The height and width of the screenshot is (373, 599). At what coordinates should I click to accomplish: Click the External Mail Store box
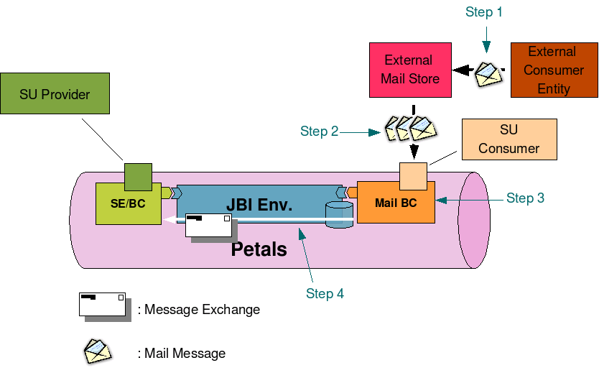410,70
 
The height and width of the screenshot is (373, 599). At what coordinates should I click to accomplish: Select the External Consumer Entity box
554,70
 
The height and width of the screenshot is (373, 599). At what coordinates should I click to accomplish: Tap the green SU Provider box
55,93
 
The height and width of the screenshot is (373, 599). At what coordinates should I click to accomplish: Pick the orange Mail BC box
396,203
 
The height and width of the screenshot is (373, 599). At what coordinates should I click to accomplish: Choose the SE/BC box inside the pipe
128,203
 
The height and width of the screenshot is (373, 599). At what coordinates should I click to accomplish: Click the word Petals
259,249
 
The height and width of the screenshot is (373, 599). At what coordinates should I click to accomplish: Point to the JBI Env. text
259,205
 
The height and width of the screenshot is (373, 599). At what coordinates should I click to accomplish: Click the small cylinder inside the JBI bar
339,215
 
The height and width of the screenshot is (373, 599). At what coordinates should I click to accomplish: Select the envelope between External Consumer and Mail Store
489,73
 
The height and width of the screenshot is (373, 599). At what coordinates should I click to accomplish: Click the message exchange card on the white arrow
208,227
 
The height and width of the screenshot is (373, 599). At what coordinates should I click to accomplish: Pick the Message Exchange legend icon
103,306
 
